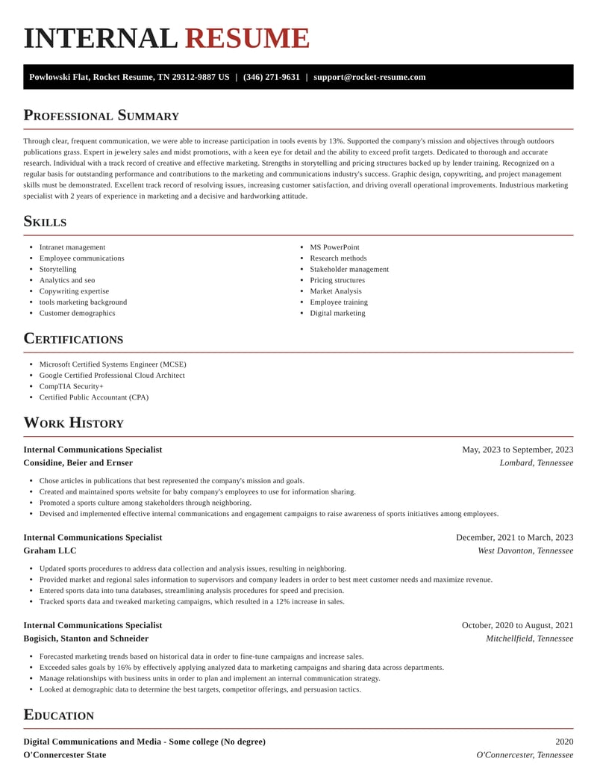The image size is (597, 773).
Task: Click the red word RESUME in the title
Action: tap(246, 39)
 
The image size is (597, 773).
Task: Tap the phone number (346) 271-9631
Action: tap(271, 77)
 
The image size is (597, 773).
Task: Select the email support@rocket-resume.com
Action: tap(369, 77)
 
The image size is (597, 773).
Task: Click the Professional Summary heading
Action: tap(101, 116)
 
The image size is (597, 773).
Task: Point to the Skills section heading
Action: tap(45, 222)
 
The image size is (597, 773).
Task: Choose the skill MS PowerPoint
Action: tap(334, 247)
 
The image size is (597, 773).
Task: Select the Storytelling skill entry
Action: tap(57, 269)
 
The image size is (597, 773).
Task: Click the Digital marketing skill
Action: tap(337, 313)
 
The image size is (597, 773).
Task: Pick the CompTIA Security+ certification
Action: tap(71, 386)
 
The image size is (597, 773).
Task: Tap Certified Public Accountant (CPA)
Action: tap(93, 397)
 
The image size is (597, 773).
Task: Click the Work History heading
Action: tap(73, 423)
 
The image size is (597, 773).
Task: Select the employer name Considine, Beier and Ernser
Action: tap(78, 463)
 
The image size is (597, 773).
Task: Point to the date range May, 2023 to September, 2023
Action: tap(517, 450)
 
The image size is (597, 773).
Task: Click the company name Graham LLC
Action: tap(49, 550)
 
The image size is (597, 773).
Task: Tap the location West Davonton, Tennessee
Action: tap(525, 550)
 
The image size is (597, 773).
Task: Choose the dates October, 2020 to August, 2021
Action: tap(517, 625)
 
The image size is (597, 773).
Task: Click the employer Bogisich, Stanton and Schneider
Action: tap(86, 639)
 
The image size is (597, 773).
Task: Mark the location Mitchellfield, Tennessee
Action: tap(529, 639)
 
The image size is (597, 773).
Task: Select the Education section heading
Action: tap(58, 715)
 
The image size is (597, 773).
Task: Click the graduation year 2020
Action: tap(564, 742)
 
